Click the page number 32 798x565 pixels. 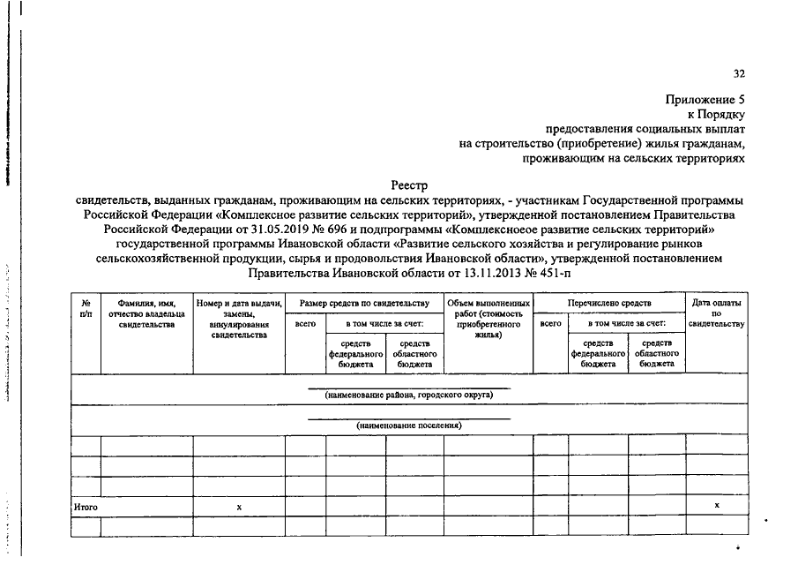[739, 74]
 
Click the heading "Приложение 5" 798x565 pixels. [705, 101]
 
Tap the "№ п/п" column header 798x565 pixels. [86, 308]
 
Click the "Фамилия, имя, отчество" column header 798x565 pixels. [146, 313]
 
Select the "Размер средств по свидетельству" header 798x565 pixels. [363, 303]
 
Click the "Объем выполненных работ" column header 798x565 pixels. [488, 319]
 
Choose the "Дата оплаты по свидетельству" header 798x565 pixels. [716, 313]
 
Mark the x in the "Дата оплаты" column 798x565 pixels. [716, 505]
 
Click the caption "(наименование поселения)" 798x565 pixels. [409, 426]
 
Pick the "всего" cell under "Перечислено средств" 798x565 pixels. [550, 324]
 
